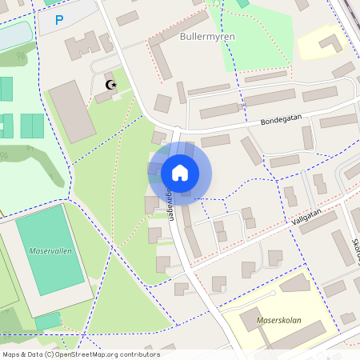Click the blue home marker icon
click(x=179, y=172)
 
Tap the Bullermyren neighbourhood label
click(x=207, y=36)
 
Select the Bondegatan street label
click(x=281, y=119)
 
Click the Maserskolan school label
click(x=279, y=320)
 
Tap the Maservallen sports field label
click(x=50, y=250)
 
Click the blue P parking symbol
click(x=59, y=19)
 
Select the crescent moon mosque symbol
click(x=110, y=84)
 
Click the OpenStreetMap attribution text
click(x=80, y=354)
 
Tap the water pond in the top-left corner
click(x=14, y=35)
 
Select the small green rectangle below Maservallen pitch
click(x=48, y=321)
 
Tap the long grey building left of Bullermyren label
click(x=160, y=60)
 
